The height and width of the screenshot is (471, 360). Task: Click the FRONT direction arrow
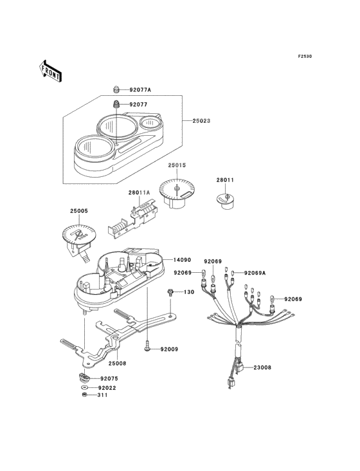(x=50, y=71)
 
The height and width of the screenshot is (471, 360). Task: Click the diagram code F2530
(x=305, y=56)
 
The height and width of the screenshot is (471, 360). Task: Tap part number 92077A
(x=140, y=89)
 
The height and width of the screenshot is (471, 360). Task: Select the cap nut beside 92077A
(x=116, y=89)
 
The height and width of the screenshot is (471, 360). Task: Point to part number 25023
(x=201, y=121)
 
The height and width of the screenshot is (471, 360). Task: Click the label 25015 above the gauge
(x=177, y=165)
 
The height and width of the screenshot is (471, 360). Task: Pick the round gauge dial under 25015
(x=177, y=193)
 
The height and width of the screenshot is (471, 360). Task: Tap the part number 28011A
(x=139, y=192)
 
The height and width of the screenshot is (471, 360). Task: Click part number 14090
(x=182, y=259)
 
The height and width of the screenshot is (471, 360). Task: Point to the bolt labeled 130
(x=170, y=292)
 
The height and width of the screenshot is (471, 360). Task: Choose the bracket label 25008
(x=117, y=364)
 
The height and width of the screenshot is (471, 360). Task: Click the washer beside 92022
(x=84, y=388)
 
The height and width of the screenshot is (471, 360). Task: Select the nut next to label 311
(x=85, y=395)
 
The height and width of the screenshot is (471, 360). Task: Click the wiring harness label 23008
(x=262, y=367)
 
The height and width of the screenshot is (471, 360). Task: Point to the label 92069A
(x=255, y=273)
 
